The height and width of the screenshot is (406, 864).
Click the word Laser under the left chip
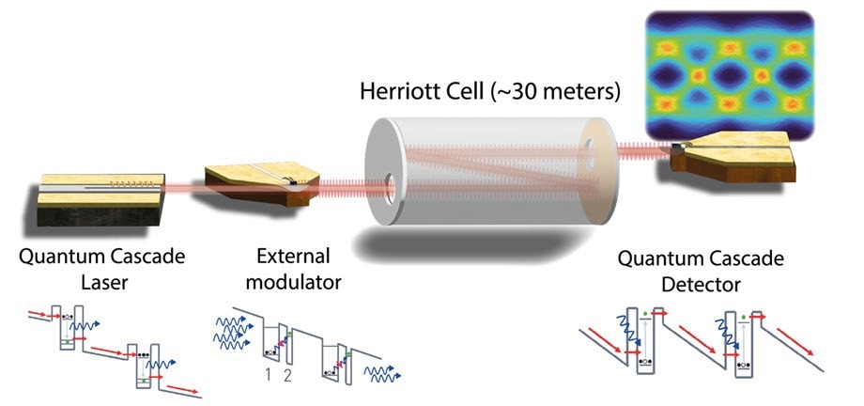[104, 283]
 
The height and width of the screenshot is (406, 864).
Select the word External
[293, 256]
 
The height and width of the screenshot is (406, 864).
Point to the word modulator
[293, 283]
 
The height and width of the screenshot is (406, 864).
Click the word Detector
[701, 285]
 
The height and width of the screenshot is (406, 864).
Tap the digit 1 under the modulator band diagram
[268, 375]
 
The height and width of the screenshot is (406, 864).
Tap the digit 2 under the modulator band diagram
[287, 375]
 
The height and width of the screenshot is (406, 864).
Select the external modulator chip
[261, 182]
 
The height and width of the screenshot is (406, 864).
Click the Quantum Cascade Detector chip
[733, 156]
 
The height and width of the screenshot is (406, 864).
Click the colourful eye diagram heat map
[730, 75]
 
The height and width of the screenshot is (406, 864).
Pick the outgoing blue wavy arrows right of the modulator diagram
[382, 373]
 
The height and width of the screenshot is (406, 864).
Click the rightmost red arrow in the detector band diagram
[795, 342]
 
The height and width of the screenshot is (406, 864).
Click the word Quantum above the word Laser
[61, 257]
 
